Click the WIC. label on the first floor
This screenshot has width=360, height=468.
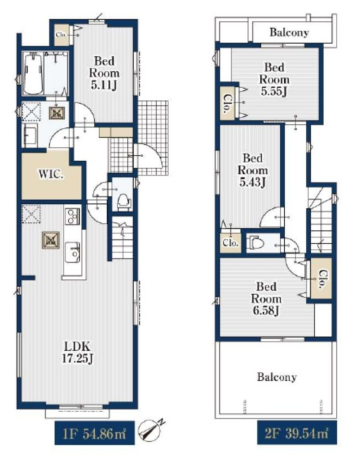(x=51, y=174)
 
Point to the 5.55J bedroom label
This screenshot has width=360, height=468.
(x=274, y=79)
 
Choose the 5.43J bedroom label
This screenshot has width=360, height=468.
(x=253, y=170)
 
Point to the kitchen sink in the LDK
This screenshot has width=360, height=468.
(x=72, y=252)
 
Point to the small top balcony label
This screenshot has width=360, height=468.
(x=289, y=33)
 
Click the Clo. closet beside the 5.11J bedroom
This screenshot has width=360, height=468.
(x=62, y=35)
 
